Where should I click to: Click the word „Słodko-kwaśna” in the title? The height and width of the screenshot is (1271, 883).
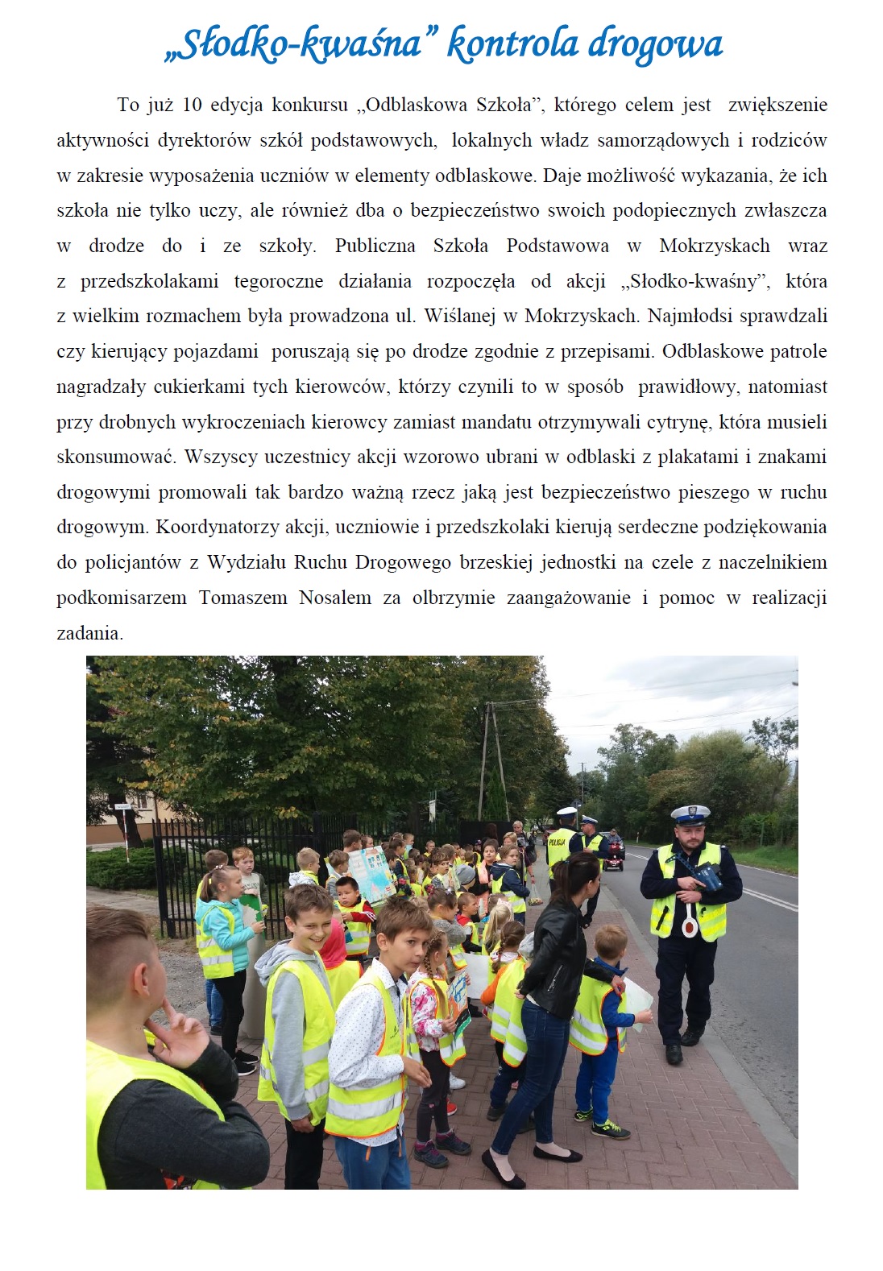[292, 44]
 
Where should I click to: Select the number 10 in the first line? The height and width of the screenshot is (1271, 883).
[192, 105]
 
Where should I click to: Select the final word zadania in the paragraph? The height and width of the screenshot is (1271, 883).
[89, 633]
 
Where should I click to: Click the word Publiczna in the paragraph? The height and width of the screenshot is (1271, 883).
[375, 246]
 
